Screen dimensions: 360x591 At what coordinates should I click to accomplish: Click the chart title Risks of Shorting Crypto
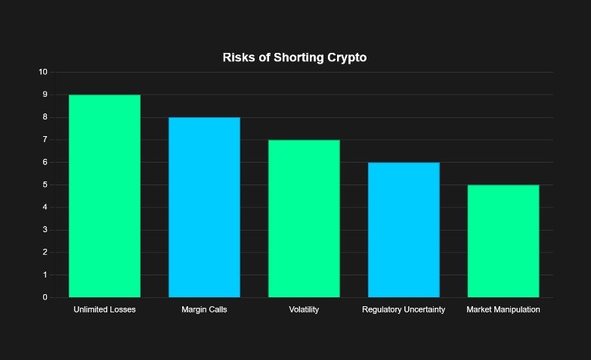point(295,58)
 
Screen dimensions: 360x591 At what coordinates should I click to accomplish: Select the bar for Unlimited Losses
point(104,196)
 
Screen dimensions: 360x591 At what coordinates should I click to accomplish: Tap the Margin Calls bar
point(204,207)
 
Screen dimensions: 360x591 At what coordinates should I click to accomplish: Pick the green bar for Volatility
point(304,219)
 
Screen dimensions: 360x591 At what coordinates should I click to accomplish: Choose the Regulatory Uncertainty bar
point(404,230)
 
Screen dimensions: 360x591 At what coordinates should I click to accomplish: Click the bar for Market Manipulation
point(503,241)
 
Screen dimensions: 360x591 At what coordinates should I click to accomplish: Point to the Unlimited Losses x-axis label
point(104,310)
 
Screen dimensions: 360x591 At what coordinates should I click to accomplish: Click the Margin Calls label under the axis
point(204,310)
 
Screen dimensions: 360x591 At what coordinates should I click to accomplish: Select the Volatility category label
point(304,310)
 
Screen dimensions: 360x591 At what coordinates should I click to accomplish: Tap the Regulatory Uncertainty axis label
point(404,310)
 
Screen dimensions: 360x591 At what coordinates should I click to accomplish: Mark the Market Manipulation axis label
point(503,310)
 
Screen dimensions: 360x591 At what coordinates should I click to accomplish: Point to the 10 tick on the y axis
point(42,73)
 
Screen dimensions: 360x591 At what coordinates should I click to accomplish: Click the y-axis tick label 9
point(45,95)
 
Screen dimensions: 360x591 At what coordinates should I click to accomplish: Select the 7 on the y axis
point(45,140)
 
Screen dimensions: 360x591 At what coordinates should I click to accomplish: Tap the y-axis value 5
point(45,185)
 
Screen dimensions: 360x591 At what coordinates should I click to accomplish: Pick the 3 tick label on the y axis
point(45,230)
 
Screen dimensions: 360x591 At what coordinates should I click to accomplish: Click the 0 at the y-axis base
point(45,298)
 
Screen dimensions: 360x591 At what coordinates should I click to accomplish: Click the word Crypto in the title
point(345,58)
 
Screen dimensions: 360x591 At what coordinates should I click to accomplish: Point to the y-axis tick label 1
point(45,275)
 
